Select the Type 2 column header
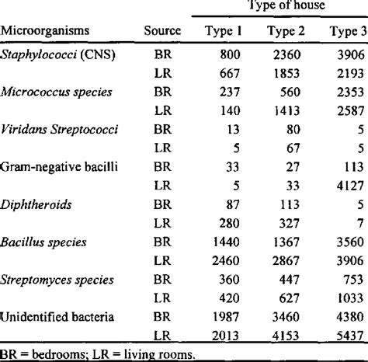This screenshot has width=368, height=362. [x=286, y=32]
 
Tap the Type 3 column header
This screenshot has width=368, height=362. [x=345, y=32]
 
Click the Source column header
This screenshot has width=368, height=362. [x=162, y=32]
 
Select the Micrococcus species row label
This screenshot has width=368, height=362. [x=57, y=92]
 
